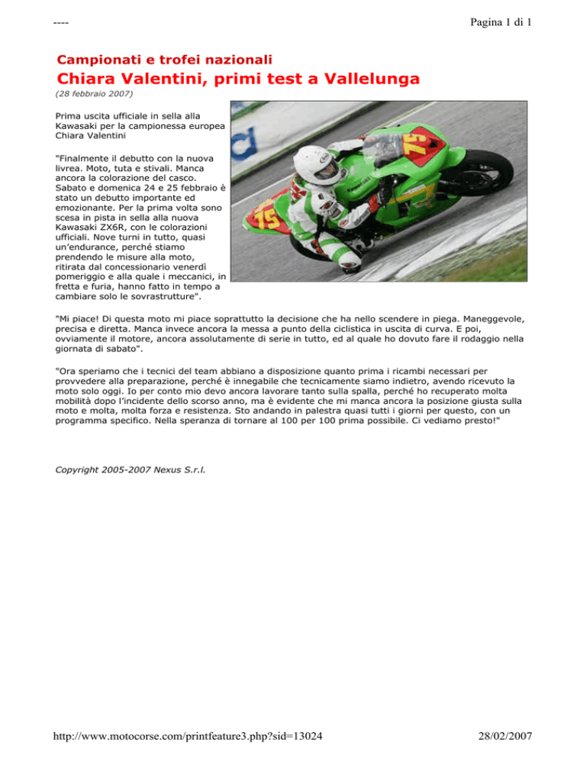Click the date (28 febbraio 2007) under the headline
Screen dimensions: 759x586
pyautogui.click(x=94, y=95)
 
